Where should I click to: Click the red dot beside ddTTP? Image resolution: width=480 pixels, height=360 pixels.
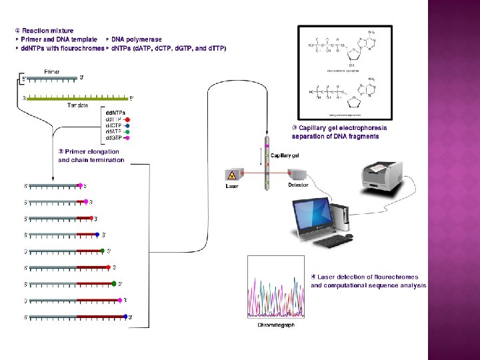tap(127, 119)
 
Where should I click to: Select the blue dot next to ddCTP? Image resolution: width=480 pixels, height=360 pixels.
tap(127, 125)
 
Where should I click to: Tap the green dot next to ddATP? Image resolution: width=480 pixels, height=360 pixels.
tap(127, 131)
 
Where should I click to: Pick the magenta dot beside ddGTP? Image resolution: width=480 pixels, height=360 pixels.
tap(127, 137)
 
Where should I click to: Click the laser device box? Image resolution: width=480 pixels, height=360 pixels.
tap(232, 175)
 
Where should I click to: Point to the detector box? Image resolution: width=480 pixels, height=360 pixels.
tap(298, 175)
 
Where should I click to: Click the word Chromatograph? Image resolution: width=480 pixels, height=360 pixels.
tap(276, 325)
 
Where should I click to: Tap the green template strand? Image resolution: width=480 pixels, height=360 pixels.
tap(77, 98)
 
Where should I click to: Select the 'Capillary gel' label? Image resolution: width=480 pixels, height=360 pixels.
tap(285, 155)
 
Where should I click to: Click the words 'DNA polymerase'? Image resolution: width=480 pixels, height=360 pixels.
tap(136, 39)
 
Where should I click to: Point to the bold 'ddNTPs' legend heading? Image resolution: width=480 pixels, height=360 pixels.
tap(115, 113)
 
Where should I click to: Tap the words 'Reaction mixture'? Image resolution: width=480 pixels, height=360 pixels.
tap(47, 31)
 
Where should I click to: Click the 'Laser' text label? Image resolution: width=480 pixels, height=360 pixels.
tap(232, 187)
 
